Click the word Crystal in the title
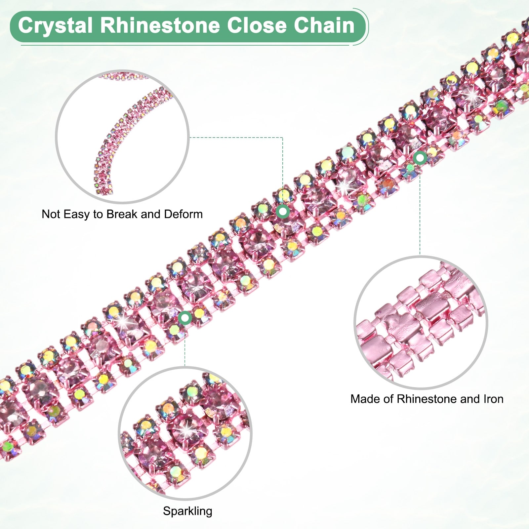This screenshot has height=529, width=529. coord(55,25)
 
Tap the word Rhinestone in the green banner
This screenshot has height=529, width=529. coord(160,25)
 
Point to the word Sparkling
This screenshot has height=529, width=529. coord(187,511)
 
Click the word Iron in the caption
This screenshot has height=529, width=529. coord(493,399)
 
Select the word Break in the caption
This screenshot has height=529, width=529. coord(122,214)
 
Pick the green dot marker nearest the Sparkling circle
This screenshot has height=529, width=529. coord(185,318)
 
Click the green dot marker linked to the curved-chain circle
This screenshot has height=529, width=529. coord(283,211)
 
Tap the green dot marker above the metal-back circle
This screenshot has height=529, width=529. coord(420,158)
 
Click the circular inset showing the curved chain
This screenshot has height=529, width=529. coord(122,136)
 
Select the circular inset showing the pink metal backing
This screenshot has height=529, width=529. coord(421,322)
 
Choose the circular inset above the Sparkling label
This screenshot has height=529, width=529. coord(185,433)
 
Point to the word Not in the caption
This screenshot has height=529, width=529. coord(51,214)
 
